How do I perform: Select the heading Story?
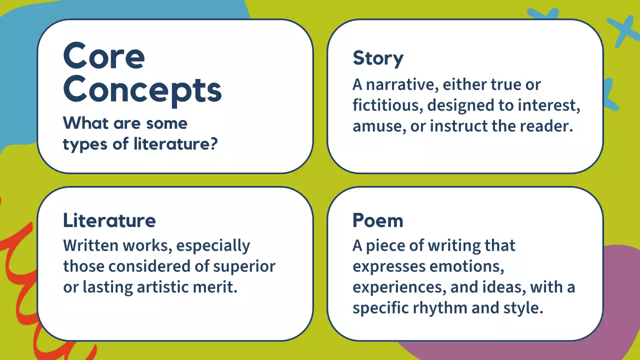[x=377, y=58]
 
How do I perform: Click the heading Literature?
[x=109, y=220]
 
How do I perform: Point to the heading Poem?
[x=377, y=220]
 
